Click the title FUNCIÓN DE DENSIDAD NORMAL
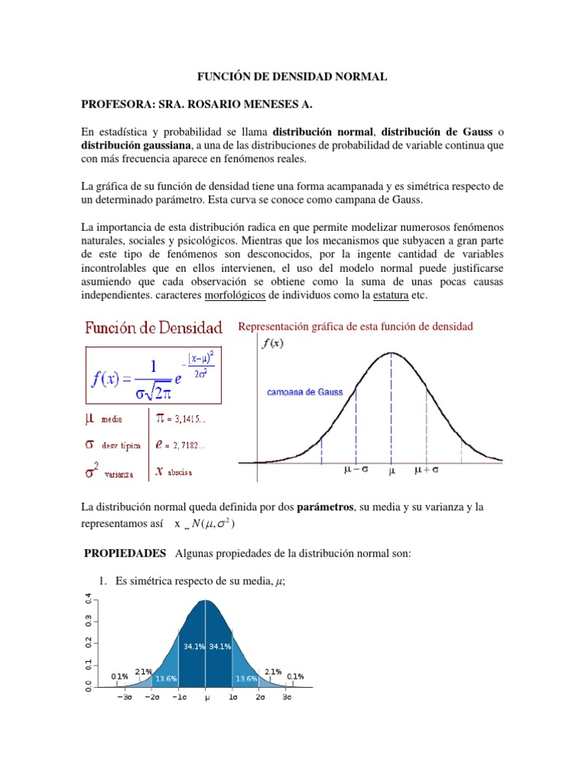[x=292, y=77]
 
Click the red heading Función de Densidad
[x=153, y=329]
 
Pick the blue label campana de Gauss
[x=305, y=393]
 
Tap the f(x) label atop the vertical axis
[x=273, y=344]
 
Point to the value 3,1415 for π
[x=188, y=417]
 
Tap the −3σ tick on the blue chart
[x=124, y=696]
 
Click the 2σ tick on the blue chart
[x=260, y=696]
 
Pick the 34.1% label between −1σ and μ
[x=192, y=646]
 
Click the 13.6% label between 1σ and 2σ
[x=246, y=678]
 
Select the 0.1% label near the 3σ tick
[x=296, y=676]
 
